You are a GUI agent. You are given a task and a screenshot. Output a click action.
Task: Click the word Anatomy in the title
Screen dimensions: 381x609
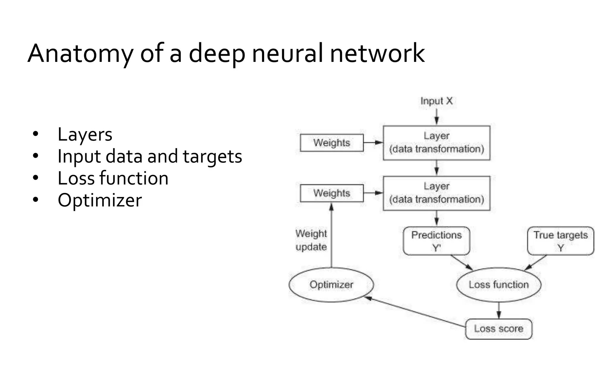tap(80, 54)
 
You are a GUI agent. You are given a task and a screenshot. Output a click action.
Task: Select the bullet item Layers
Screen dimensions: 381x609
tap(85, 135)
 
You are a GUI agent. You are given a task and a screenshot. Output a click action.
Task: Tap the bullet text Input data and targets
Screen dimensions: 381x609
tap(150, 156)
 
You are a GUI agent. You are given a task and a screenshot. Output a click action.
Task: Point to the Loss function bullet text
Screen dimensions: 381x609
tap(113, 178)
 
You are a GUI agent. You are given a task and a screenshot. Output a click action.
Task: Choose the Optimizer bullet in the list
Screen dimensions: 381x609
tap(100, 200)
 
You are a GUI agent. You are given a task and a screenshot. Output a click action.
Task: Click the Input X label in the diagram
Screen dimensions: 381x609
tap(436, 101)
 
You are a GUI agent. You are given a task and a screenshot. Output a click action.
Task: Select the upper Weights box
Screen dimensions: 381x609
tap(332, 143)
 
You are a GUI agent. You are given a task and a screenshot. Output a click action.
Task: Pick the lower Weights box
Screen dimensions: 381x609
tap(332, 193)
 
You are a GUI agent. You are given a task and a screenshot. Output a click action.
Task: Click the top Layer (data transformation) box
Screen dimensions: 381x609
tap(436, 143)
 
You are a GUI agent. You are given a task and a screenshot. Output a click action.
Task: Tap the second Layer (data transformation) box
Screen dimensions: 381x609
tap(436, 193)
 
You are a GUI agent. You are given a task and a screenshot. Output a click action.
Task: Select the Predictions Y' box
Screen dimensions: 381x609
tap(436, 241)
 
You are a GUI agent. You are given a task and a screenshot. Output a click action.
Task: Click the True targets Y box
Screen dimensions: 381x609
tap(560, 241)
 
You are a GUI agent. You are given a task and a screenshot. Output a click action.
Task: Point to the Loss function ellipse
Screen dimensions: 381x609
tap(499, 285)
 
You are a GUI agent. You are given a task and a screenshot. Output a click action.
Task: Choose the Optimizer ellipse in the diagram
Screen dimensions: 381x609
tap(331, 285)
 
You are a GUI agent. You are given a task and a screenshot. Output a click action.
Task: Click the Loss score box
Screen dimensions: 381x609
tap(498, 329)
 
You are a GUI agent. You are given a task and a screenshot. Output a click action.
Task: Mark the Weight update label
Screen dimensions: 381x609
tap(311, 240)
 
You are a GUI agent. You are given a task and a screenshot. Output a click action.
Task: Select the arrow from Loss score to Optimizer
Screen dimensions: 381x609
tap(416, 312)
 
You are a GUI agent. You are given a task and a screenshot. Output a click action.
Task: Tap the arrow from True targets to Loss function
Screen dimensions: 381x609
tap(536, 263)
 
